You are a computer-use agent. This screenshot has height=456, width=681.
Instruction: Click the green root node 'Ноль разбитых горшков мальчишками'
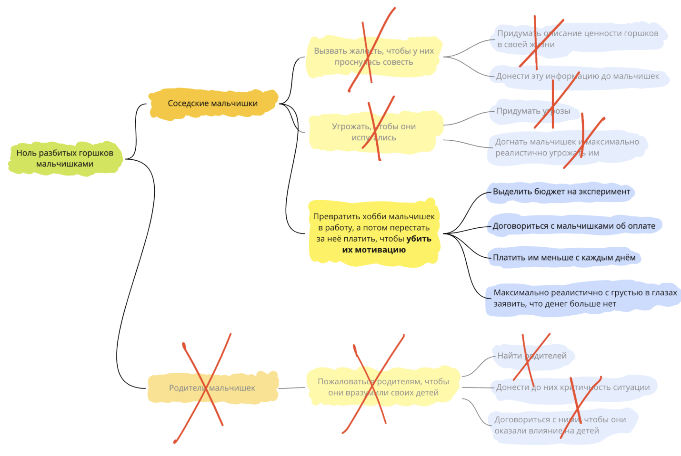65,158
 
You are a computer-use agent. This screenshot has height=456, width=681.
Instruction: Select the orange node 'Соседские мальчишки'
212,103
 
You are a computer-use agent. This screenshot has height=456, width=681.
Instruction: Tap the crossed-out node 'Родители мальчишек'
212,388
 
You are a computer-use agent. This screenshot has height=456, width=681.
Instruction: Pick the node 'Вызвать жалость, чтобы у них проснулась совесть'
373,57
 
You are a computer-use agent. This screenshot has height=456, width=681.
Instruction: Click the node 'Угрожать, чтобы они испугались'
373,132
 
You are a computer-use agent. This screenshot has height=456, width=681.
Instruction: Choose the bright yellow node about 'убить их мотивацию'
373,233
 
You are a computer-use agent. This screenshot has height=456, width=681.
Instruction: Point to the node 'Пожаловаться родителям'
383,387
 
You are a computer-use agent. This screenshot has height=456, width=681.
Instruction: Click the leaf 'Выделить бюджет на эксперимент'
561,192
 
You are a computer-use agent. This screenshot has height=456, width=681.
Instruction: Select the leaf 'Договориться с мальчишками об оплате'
574,226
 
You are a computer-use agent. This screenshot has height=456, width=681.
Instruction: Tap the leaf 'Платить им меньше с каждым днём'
564,258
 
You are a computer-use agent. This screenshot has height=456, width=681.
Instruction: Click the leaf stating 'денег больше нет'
585,298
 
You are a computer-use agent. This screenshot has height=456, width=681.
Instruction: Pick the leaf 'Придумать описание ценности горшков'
577,39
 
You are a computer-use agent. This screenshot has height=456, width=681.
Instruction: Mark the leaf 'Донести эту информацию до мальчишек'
577,76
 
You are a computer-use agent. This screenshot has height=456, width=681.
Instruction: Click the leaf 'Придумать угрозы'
533,111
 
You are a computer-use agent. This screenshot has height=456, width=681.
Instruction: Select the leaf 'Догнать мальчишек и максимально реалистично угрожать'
567,147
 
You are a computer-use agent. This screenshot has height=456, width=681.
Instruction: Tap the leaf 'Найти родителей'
531,356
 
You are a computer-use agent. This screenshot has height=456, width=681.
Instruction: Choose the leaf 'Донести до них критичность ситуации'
572,387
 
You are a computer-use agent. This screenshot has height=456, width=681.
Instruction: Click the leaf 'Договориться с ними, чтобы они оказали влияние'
560,425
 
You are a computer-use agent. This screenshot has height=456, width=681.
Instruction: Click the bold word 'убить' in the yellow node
419,239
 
